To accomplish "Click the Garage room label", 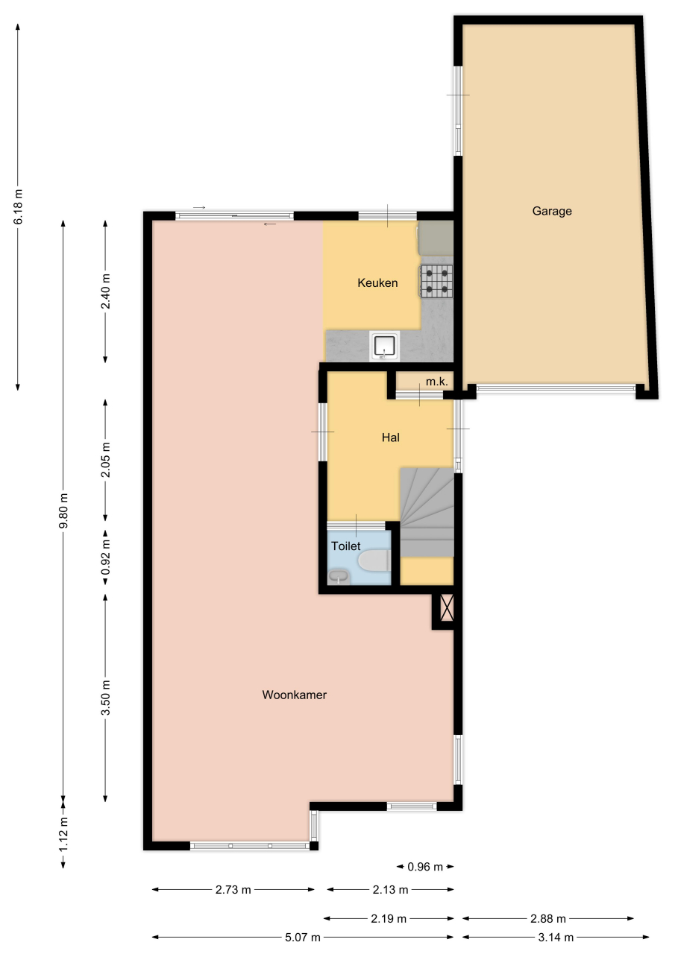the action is [552, 211].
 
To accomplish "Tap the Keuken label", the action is [377, 282].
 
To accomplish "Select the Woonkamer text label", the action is [295, 695].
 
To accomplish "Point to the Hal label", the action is [391, 437].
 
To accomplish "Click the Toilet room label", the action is [346, 546].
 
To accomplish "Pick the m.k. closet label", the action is [437, 382].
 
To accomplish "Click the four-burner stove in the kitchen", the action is [436, 280].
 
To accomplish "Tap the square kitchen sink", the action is [386, 346].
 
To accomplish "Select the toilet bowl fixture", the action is [374, 560].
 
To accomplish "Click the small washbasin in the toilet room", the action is [339, 577].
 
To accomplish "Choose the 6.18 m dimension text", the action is [18, 206].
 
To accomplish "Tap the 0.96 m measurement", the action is [425, 867].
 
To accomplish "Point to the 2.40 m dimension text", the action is [106, 291].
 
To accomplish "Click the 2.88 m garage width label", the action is [548, 919].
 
